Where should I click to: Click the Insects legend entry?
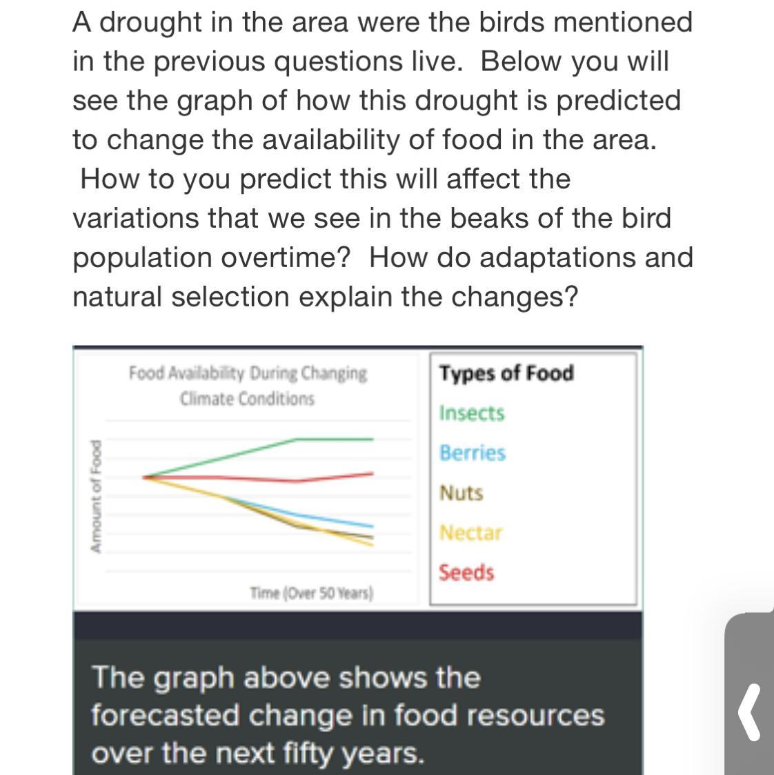click(x=472, y=413)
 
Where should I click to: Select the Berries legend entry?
click(x=473, y=453)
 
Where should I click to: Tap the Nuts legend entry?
click(x=461, y=493)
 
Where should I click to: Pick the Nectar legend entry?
click(x=470, y=533)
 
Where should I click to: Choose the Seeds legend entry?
click(x=466, y=573)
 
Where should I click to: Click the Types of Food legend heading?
click(x=506, y=373)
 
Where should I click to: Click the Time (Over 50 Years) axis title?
click(x=311, y=593)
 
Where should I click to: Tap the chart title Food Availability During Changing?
click(x=248, y=374)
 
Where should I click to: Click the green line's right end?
click(x=373, y=439)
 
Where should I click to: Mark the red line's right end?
click(x=373, y=473)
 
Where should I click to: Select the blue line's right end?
click(x=373, y=527)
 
